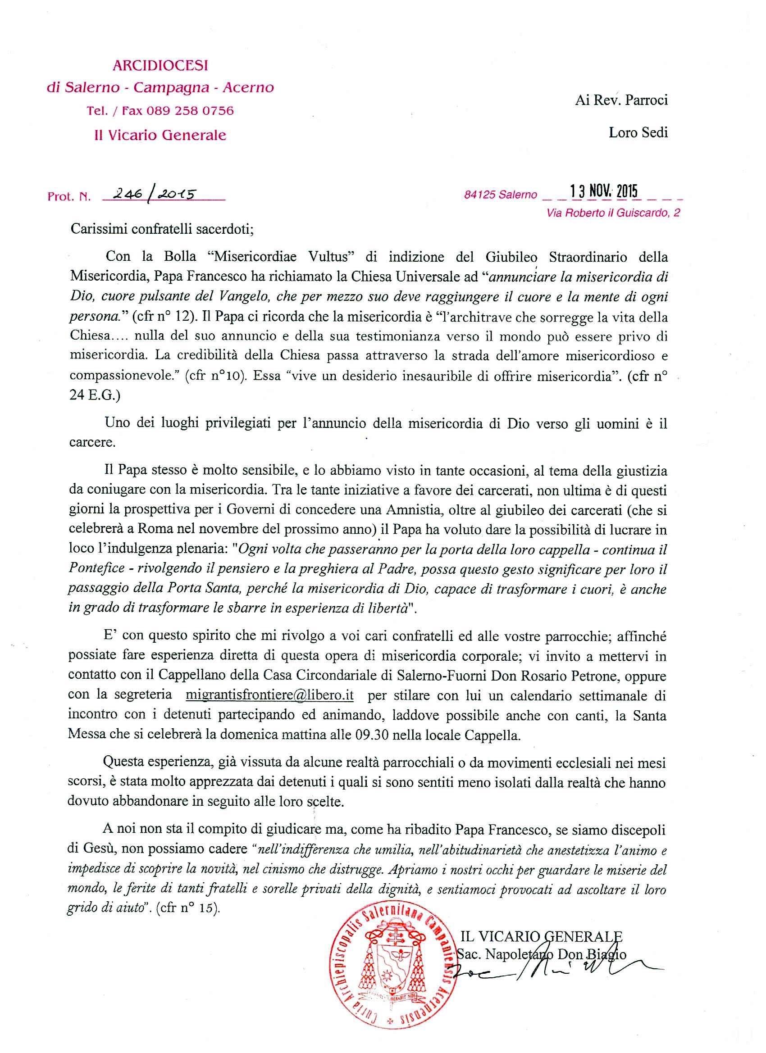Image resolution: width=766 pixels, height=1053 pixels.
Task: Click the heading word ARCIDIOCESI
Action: click(x=160, y=66)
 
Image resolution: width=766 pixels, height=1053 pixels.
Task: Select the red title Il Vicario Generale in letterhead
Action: click(x=160, y=135)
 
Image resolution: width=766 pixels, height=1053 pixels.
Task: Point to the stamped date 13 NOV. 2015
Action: click(x=599, y=191)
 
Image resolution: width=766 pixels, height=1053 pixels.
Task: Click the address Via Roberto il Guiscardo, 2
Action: click(x=614, y=213)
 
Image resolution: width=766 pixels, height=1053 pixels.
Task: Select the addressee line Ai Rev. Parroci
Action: click(x=621, y=100)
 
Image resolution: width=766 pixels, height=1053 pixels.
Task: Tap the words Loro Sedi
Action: click(x=638, y=133)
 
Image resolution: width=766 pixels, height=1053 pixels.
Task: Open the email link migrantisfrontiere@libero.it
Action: click(x=269, y=696)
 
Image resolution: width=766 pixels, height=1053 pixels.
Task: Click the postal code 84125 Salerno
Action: click(x=500, y=195)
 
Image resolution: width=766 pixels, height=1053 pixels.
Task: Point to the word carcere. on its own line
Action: click(x=92, y=442)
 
